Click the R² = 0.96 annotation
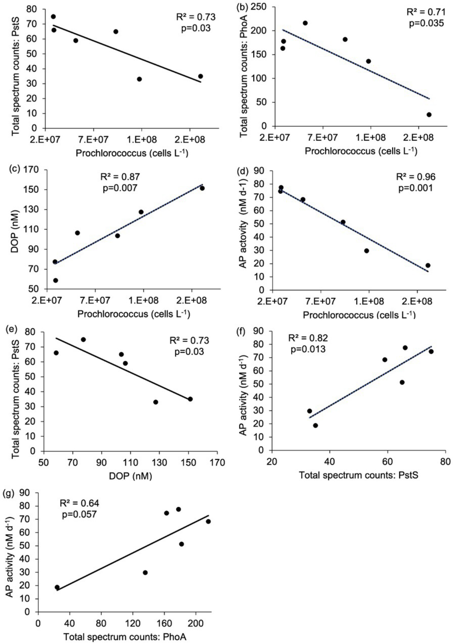click(416, 177)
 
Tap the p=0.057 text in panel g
click(79, 514)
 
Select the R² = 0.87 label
click(120, 177)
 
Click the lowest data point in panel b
click(429, 115)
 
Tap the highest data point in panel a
click(53, 17)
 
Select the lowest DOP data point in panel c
click(56, 280)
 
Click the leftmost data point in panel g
click(57, 587)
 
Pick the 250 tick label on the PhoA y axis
click(259, 7)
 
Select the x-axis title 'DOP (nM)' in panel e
click(130, 476)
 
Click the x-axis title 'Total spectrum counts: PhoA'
click(124, 637)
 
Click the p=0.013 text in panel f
click(308, 349)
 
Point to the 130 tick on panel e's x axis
click(159, 463)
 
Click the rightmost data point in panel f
click(431, 351)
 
